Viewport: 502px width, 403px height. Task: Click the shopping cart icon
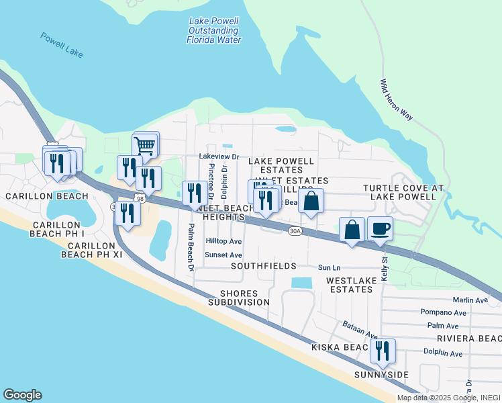(146, 144)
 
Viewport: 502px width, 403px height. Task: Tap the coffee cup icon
(380, 229)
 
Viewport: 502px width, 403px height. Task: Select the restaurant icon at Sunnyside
(383, 351)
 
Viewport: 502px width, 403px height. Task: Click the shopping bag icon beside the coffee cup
(352, 230)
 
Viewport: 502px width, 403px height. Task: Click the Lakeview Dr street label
(219, 156)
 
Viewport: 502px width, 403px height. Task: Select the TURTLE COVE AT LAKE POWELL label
(403, 192)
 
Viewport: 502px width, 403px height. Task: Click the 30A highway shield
(295, 230)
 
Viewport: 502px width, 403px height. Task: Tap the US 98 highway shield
(140, 198)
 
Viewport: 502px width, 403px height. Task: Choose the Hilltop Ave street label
(223, 241)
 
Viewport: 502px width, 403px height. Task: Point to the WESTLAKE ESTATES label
(350, 284)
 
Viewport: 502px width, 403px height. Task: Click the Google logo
(22, 395)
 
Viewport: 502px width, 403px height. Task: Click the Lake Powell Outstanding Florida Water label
(213, 30)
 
